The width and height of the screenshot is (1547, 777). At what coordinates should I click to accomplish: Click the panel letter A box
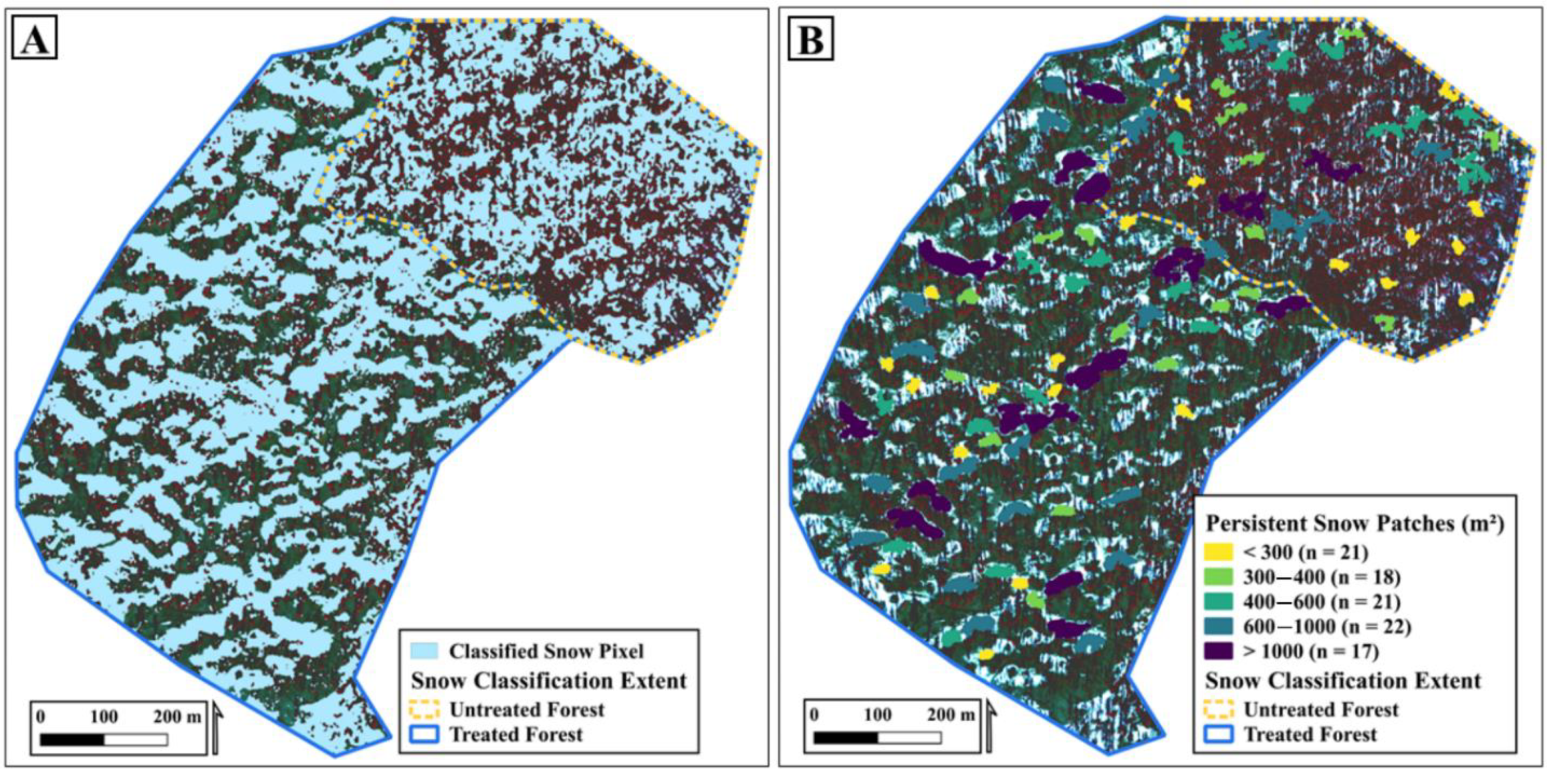[x=34, y=41]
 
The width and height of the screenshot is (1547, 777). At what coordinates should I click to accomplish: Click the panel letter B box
[x=811, y=41]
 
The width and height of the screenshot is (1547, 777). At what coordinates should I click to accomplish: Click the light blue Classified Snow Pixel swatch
[x=424, y=652]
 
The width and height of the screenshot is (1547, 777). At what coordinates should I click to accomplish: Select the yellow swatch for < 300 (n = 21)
[x=1218, y=552]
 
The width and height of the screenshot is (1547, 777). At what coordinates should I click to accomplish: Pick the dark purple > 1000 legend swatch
[x=1218, y=652]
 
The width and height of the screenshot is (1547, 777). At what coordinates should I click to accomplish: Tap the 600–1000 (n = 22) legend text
[x=1326, y=627]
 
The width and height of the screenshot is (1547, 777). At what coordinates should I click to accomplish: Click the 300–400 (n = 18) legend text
[x=1321, y=577]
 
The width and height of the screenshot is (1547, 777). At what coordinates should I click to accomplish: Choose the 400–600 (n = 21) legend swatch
[x=1218, y=601]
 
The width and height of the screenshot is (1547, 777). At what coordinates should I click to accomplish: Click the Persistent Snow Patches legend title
[x=1355, y=524]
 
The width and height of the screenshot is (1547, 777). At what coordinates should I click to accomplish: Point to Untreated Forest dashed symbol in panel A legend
[x=424, y=710]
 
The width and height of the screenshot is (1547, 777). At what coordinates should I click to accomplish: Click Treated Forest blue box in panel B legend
[x=1218, y=734]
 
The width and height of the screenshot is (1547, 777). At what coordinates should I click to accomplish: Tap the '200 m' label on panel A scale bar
[x=177, y=717]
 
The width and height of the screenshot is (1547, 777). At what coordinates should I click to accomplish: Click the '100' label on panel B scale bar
[x=878, y=715]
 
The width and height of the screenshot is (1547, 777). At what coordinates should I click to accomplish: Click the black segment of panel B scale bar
[x=845, y=737]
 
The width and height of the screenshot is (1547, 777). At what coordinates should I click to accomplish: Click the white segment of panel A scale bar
[x=136, y=740]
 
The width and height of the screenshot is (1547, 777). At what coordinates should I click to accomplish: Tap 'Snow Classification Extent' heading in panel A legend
[x=548, y=681]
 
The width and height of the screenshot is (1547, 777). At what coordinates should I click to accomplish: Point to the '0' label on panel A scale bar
[x=40, y=717]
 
